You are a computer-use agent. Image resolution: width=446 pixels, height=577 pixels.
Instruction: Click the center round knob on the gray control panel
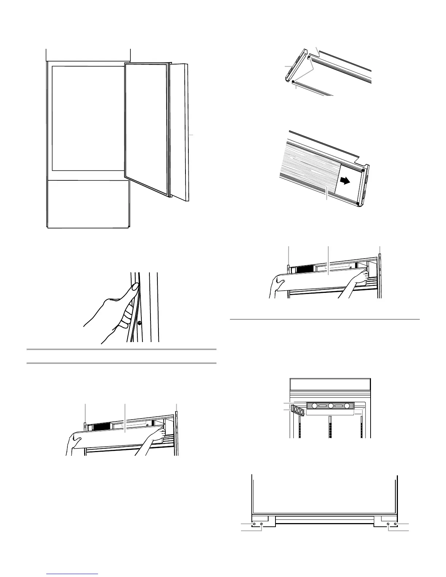[331, 406]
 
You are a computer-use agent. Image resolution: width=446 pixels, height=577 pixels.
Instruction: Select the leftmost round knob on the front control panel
[314, 406]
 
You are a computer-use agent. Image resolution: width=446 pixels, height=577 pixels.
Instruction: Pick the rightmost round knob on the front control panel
[347, 406]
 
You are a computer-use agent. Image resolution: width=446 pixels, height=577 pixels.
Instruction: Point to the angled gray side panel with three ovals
[298, 410]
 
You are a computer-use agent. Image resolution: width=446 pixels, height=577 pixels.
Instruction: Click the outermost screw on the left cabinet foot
[254, 524]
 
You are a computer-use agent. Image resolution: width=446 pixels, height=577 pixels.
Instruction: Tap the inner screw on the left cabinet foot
[262, 524]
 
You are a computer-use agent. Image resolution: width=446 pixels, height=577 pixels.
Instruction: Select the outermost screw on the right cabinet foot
[396, 524]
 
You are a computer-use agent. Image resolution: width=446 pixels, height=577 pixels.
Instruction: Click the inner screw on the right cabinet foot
[388, 524]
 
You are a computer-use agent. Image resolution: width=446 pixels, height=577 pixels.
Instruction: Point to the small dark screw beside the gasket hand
[139, 322]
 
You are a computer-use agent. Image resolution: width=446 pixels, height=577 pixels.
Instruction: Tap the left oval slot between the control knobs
[322, 406]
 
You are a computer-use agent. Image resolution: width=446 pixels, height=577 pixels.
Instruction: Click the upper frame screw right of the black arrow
[363, 169]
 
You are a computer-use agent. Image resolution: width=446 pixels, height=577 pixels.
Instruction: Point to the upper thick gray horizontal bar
[121, 349]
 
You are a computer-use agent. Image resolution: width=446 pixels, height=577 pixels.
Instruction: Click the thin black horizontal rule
[324, 319]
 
